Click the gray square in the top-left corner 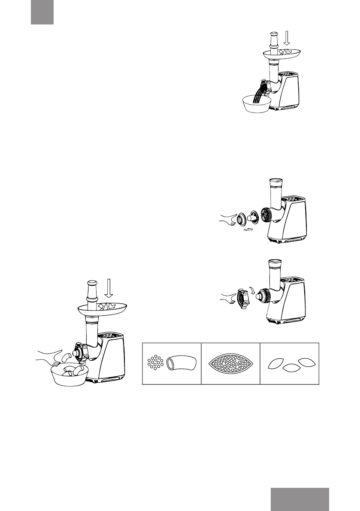(x=42, y=12)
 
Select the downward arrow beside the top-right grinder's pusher (x=287, y=38)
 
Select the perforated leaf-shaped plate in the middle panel (x=231, y=364)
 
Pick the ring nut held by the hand (x=242, y=296)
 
